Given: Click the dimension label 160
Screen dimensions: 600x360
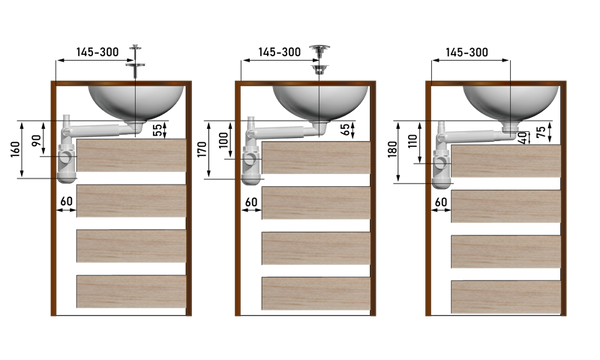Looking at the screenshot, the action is pyautogui.click(x=15, y=150).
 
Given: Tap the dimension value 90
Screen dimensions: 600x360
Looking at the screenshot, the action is pyautogui.click(x=36, y=141).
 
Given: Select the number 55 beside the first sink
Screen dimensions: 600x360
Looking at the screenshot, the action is pyautogui.click(x=157, y=130).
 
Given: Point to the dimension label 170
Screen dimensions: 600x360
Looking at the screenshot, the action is pyautogui.click(x=202, y=149).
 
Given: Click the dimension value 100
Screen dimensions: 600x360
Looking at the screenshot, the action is pyautogui.click(x=223, y=140).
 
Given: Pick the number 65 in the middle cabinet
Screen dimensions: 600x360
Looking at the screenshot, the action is pyautogui.click(x=345, y=130).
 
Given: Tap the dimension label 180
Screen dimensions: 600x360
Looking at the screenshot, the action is pyautogui.click(x=393, y=149).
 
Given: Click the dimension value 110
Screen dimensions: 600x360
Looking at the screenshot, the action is pyautogui.click(x=413, y=142).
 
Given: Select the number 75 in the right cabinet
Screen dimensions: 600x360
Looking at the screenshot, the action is pyautogui.click(x=541, y=132).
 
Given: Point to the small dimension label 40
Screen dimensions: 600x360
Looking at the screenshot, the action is pyautogui.click(x=523, y=138).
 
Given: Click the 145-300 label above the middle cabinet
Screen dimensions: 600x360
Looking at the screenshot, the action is pyautogui.click(x=279, y=52).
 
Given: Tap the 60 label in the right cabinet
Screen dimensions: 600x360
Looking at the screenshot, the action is pyautogui.click(x=441, y=202).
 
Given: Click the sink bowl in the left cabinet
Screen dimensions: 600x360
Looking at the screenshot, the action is pyautogui.click(x=136, y=102).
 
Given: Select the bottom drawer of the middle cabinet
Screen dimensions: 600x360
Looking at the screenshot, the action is pyautogui.click(x=316, y=293).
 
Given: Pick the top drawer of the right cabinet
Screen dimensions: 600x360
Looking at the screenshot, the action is pyautogui.click(x=506, y=161).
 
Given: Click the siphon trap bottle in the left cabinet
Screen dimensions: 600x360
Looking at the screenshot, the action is pyautogui.click(x=67, y=163).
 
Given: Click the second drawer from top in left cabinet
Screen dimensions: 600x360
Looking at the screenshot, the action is pyautogui.click(x=131, y=201).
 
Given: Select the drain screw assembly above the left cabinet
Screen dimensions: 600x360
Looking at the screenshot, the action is pyautogui.click(x=135, y=61).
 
